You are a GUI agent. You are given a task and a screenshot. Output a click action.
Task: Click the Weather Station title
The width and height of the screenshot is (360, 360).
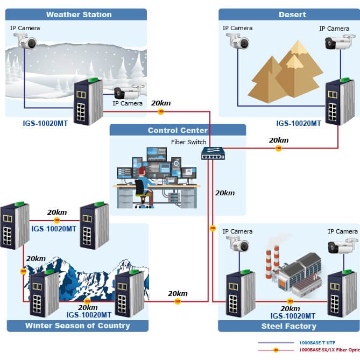tap(79, 15)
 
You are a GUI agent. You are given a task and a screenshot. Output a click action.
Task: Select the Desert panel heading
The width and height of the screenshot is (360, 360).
tap(292, 15)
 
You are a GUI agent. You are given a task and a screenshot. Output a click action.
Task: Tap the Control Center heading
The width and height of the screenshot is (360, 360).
tap(178, 130)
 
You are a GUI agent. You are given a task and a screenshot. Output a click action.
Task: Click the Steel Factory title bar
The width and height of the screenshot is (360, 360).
tap(289, 326)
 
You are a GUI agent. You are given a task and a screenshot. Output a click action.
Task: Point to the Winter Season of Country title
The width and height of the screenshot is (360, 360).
tap(77, 326)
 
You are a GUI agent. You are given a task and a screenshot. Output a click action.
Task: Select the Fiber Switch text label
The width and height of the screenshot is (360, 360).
tap(188, 142)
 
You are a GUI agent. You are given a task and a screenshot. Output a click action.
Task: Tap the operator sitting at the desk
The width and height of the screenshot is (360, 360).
tap(143, 183)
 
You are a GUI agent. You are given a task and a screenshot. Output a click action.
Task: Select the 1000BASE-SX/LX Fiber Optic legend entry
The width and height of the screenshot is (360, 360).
tap(328, 350)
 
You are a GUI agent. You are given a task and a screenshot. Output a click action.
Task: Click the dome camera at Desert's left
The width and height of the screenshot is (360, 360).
tap(237, 41)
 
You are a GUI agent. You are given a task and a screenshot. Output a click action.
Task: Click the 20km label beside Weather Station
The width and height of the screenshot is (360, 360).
tap(161, 103)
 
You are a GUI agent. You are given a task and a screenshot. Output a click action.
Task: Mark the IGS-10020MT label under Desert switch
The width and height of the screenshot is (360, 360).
tap(299, 123)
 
